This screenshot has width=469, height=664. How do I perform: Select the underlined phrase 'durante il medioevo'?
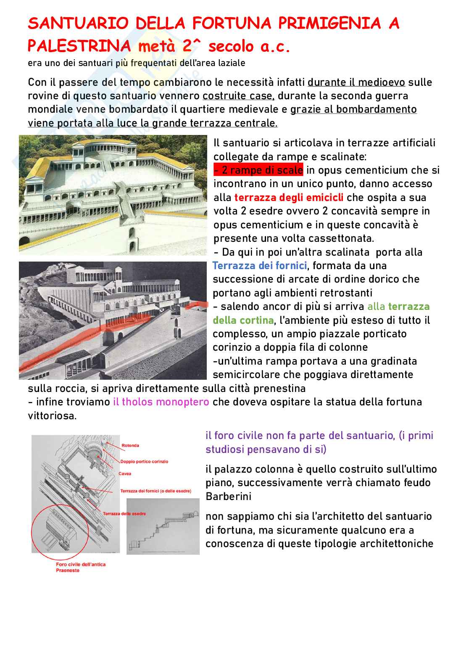[356, 82]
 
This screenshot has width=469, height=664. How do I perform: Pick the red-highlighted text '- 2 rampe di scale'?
[258, 170]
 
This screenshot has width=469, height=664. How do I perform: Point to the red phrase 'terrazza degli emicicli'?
[289, 197]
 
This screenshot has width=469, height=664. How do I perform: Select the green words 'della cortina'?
[243, 320]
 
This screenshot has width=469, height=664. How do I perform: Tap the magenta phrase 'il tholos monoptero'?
[161, 402]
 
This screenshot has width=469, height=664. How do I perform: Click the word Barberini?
[228, 496]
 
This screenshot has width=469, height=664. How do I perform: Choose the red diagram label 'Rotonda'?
[130, 445]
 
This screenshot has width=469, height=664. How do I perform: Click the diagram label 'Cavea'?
[125, 474]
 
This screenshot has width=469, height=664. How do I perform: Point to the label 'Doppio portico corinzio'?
[144, 461]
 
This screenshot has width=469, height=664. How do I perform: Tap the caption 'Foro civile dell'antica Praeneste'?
[80, 567]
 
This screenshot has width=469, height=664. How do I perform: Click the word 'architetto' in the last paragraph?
[351, 516]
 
